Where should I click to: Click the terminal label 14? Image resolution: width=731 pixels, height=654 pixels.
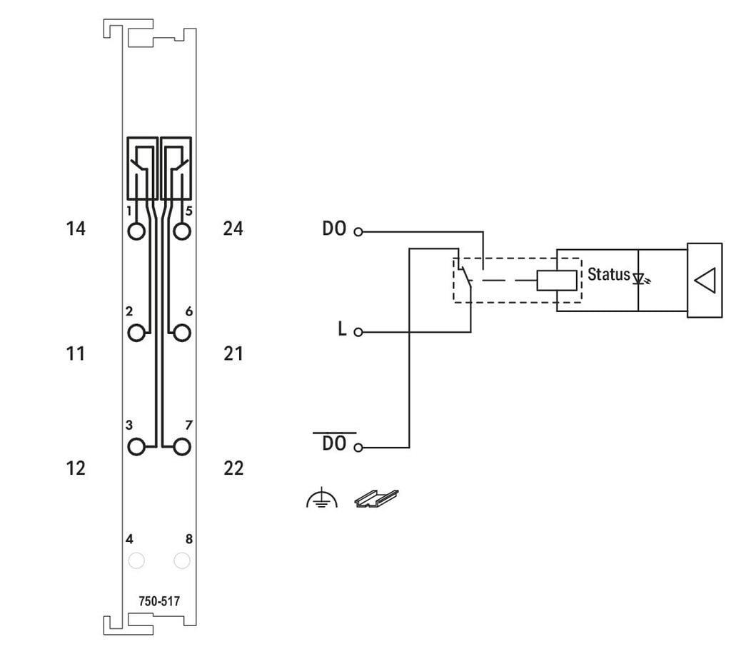76,228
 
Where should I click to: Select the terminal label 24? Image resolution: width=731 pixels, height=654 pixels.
233,228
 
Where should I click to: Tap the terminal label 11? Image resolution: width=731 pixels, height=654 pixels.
76,353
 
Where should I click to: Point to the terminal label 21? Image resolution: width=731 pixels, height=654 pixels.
233,353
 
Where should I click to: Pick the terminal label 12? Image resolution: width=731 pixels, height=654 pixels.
76,468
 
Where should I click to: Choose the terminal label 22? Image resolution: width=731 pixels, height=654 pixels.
233,468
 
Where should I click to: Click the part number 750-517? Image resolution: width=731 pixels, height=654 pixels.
159,601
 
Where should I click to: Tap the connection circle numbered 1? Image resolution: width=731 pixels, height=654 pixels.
136,231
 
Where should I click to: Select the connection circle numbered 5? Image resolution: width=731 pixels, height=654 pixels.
182,231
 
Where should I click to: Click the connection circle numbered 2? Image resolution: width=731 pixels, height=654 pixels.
136,332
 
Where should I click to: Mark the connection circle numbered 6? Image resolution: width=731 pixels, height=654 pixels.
182,332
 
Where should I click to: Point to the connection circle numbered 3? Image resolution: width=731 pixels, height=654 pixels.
136,446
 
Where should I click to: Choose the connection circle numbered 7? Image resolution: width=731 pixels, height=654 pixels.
182,446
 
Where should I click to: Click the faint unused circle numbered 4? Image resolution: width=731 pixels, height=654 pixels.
136,560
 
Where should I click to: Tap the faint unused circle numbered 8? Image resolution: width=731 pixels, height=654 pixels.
182,560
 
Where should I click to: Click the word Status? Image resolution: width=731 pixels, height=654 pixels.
608,274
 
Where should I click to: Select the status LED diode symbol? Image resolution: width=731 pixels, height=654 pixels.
640,277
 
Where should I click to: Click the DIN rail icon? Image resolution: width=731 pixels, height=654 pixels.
376,498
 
